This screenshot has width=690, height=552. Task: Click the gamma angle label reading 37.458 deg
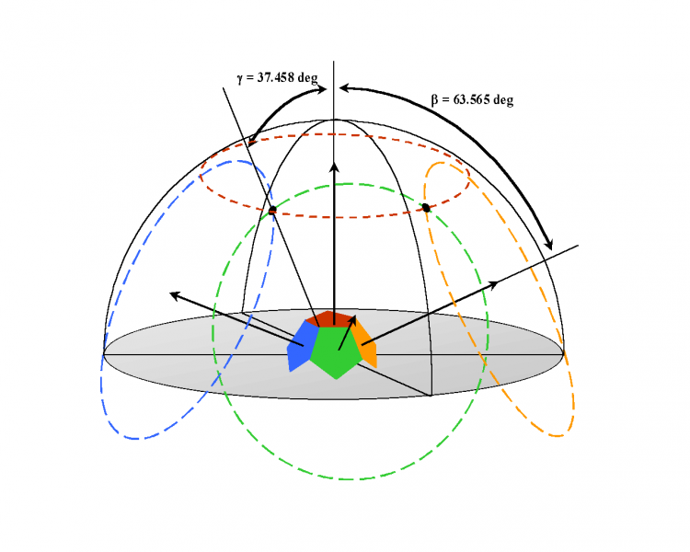277,79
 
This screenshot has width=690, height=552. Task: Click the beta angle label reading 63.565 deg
472,99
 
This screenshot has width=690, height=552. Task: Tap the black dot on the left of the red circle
272,210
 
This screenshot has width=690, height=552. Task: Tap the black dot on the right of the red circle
426,208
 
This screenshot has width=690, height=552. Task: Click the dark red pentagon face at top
333,318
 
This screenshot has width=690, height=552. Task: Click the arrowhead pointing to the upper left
174,294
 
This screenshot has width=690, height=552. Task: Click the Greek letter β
435,100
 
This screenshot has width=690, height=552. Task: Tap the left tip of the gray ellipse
104,353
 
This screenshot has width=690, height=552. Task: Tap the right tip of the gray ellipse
563,352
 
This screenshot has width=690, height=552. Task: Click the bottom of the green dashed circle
351,479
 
